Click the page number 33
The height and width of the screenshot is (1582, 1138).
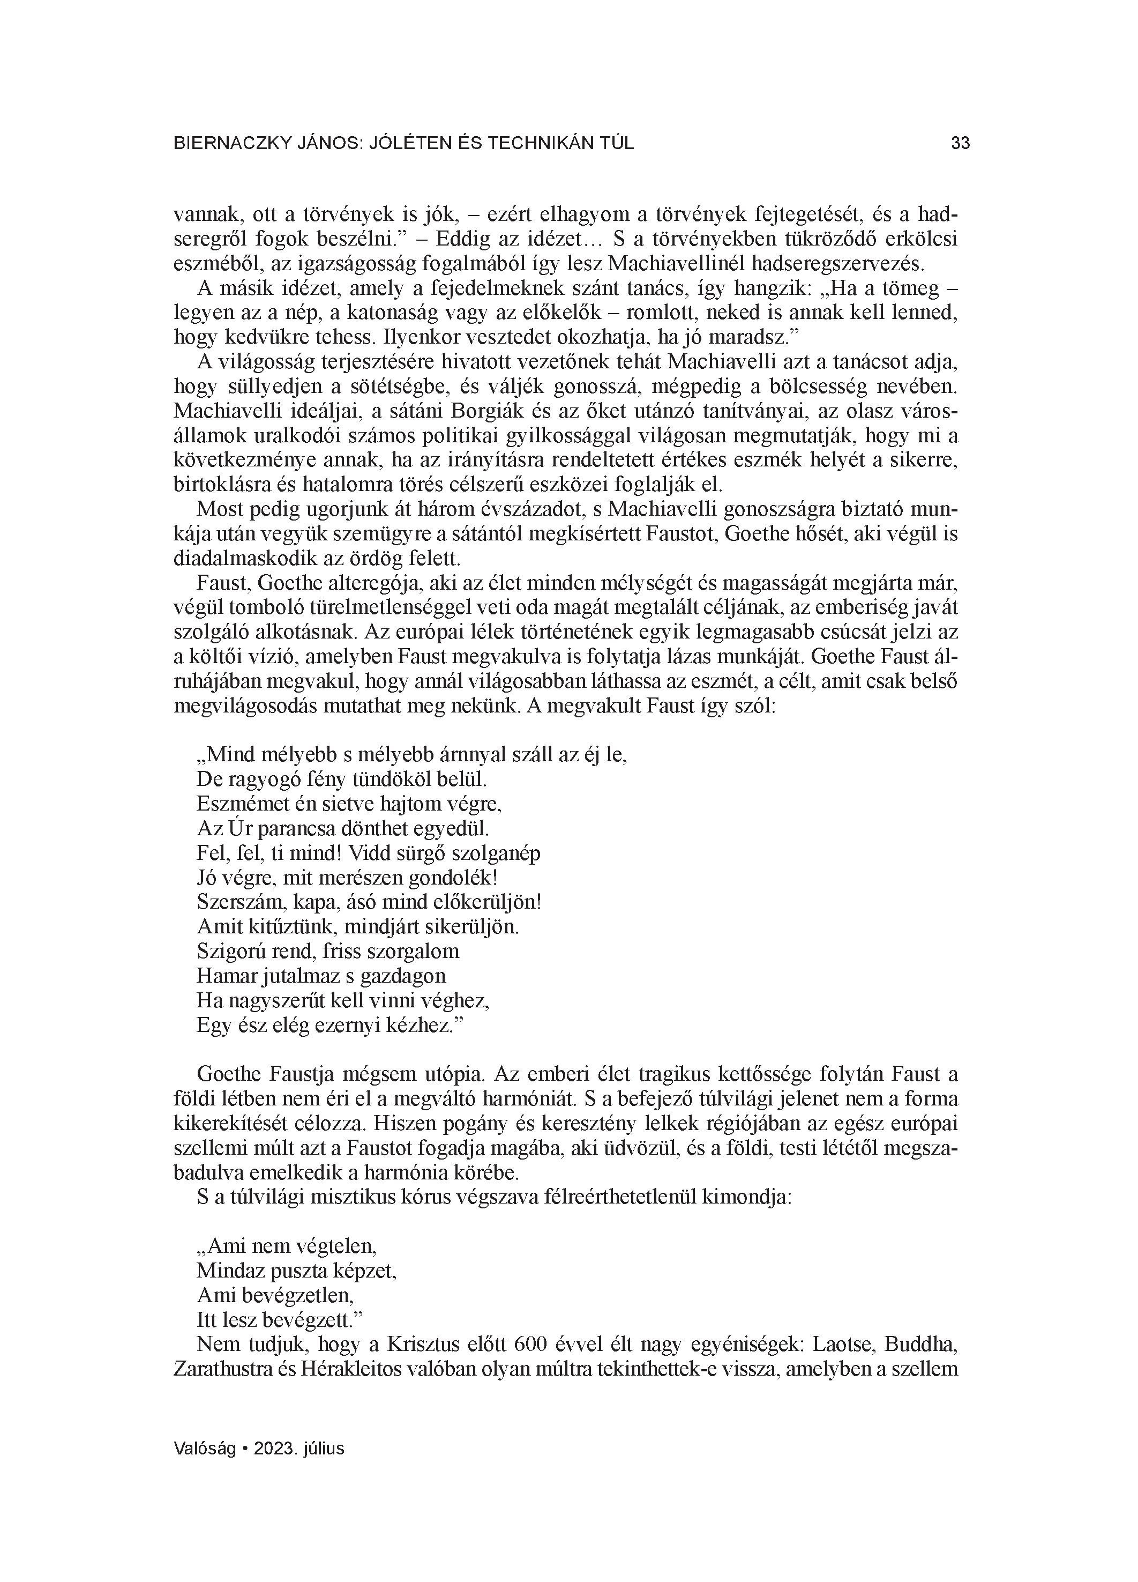click(960, 144)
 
